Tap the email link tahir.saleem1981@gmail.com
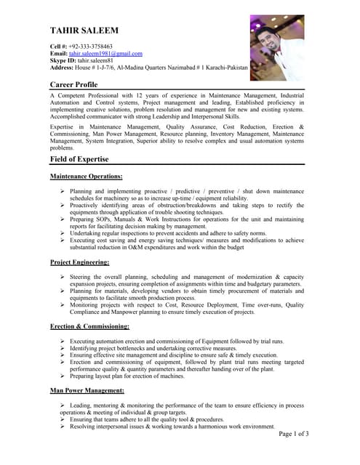click(105, 54)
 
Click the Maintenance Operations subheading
click(86, 177)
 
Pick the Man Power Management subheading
click(87, 391)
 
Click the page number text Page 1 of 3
click(295, 434)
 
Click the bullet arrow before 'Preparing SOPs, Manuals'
click(63, 218)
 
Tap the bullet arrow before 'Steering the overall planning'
click(63, 277)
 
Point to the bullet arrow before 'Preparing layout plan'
click(63, 376)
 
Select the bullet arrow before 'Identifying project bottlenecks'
click(63, 348)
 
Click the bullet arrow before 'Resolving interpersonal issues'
click(63, 426)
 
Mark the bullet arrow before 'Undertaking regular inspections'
click(63, 232)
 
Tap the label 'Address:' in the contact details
click(64, 68)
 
